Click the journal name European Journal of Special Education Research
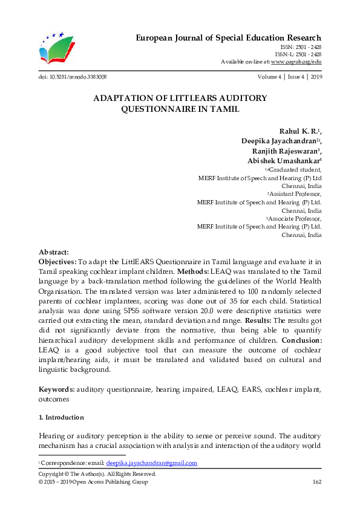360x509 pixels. pos(227,37)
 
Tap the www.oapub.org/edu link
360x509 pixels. pos(295,62)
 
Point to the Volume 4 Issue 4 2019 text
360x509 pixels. pos(289,77)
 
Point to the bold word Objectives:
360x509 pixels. pos(57,262)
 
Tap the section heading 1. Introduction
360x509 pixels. pos(61,418)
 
